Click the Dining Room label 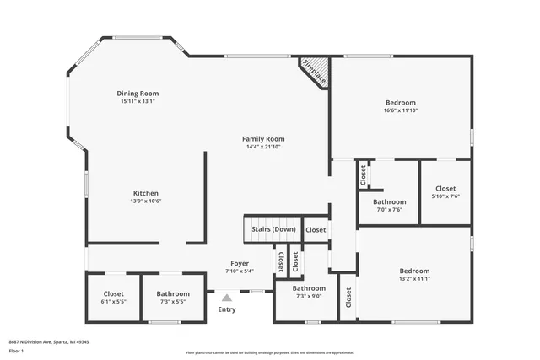138,94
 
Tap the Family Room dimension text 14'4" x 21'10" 264,147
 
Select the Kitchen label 145,192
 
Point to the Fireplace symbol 315,71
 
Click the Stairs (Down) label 271,229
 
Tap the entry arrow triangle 226,297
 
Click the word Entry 227,309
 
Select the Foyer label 240,263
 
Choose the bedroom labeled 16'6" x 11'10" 401,101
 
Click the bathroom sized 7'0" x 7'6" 389,202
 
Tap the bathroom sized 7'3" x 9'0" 309,288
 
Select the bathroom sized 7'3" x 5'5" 172,294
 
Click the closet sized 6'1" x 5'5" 113,294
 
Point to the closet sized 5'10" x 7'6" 445,189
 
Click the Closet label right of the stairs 316,230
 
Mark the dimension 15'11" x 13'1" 138,101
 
